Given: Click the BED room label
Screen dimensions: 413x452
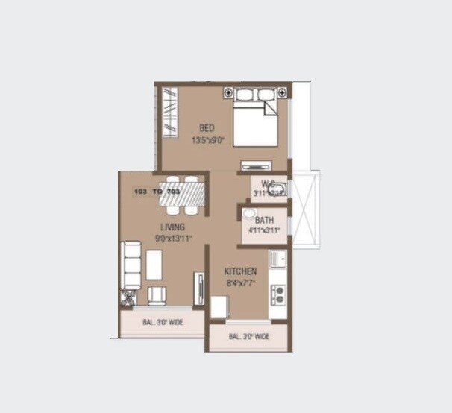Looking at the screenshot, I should click(x=207, y=128).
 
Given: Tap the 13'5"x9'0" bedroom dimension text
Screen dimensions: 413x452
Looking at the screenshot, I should click(x=207, y=139).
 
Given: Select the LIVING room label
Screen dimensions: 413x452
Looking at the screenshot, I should click(x=172, y=227).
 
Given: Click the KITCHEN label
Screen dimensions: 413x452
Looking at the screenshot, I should click(x=240, y=272).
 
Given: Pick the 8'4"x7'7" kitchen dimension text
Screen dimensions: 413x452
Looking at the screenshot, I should click(x=240, y=283).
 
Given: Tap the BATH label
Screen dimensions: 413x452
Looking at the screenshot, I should click(x=264, y=221).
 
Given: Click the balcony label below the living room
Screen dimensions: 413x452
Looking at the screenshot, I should click(x=163, y=324).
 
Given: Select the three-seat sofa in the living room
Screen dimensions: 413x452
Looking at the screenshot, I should click(x=131, y=265).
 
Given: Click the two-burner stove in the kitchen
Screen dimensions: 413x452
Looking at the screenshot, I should click(x=279, y=294).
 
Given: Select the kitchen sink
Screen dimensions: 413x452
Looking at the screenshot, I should click(x=278, y=259).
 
